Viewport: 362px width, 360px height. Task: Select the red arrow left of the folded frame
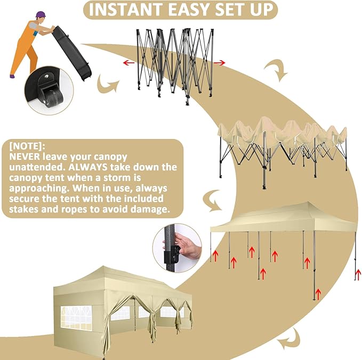pos(128,63)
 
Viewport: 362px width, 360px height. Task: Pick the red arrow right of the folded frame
pos(219,63)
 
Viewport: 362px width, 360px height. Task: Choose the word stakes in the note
pos(25,209)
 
